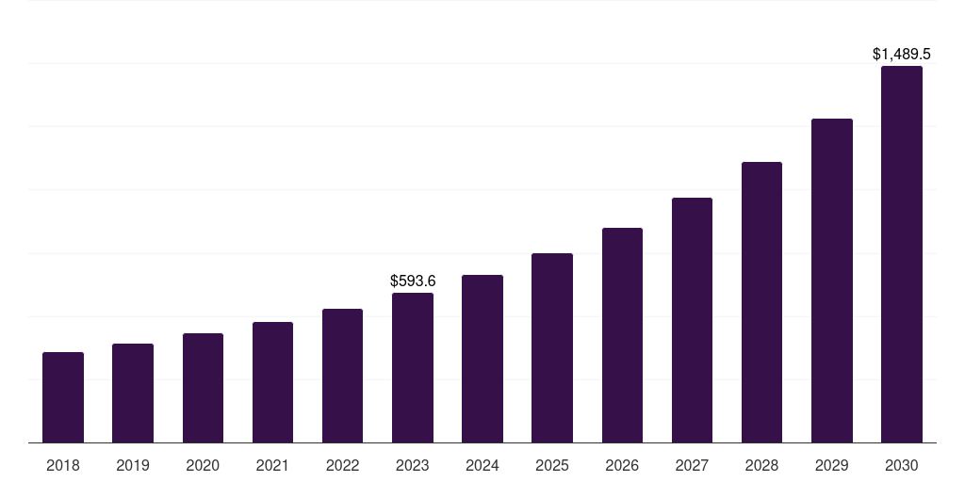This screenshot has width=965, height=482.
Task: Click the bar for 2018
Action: (63, 397)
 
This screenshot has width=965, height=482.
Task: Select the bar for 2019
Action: (133, 393)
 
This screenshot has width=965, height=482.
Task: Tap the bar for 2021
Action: (272, 382)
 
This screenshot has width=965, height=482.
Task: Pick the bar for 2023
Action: (413, 367)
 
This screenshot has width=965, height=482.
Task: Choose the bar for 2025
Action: (552, 347)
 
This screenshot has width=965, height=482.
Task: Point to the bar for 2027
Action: (692, 320)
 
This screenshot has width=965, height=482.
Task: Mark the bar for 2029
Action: (832, 281)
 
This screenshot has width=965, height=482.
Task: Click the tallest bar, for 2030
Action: (902, 254)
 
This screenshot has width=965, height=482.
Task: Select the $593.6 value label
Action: (413, 281)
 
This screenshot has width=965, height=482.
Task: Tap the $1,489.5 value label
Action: (902, 55)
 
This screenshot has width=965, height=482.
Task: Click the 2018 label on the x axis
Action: (63, 465)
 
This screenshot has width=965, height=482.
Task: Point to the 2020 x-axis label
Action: (203, 465)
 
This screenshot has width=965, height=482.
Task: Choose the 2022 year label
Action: (342, 465)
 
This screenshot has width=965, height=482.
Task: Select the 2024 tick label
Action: (482, 465)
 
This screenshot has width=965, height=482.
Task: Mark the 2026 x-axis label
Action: (622, 465)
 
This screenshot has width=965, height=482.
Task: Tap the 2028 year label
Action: (761, 465)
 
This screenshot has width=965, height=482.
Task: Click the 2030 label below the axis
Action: (902, 465)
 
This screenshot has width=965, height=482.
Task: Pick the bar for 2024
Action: (482, 359)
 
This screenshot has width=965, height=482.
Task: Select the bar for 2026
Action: (622, 335)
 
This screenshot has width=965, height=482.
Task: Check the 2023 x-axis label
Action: (413, 465)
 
